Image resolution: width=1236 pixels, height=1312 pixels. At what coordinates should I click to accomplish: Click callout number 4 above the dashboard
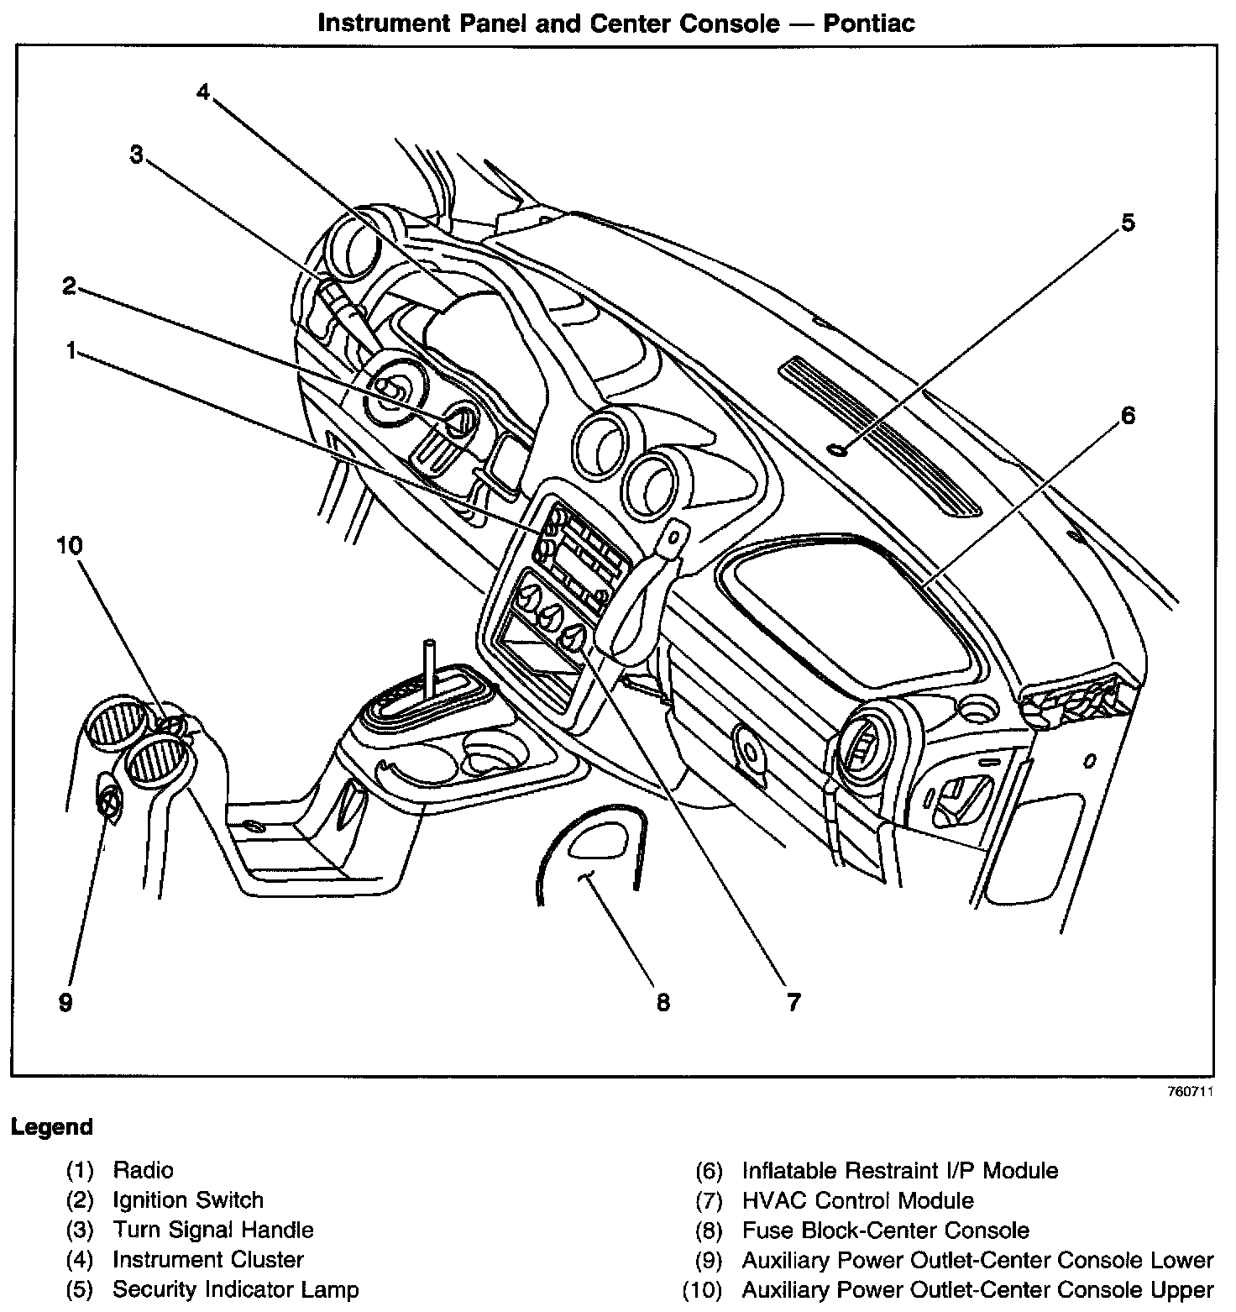coord(202,92)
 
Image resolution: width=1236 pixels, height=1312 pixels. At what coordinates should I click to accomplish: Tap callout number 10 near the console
coord(69,546)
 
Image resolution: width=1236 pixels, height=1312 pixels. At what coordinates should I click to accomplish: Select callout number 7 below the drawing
coord(793,1001)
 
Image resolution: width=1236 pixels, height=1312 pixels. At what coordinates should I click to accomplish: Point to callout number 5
coord(1127,223)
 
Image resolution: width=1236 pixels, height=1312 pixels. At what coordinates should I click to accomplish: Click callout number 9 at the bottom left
coord(65,1002)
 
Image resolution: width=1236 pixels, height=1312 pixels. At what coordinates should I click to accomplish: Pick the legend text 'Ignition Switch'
coord(188,1200)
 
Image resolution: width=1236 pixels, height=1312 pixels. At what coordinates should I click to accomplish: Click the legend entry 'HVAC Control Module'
coord(857,1200)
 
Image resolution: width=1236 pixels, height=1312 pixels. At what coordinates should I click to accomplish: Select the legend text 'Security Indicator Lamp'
coord(235,1289)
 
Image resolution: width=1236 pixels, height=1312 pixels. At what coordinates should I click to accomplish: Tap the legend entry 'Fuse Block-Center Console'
coord(885,1231)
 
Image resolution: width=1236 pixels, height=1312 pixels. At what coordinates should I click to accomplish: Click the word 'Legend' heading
coord(52,1127)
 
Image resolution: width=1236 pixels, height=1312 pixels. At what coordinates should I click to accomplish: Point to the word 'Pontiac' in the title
coord(868,23)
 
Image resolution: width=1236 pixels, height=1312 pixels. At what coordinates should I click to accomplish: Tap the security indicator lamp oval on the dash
coord(837,450)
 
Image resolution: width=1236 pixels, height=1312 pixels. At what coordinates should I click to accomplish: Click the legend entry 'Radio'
coord(144,1170)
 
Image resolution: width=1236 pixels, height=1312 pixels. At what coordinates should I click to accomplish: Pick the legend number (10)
coord(702,1289)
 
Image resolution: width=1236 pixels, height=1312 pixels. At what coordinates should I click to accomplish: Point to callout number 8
coord(663,1001)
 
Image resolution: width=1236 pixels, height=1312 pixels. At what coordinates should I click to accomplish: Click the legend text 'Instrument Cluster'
coord(207,1260)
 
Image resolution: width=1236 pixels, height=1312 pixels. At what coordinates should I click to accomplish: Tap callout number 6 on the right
coord(1127,415)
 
